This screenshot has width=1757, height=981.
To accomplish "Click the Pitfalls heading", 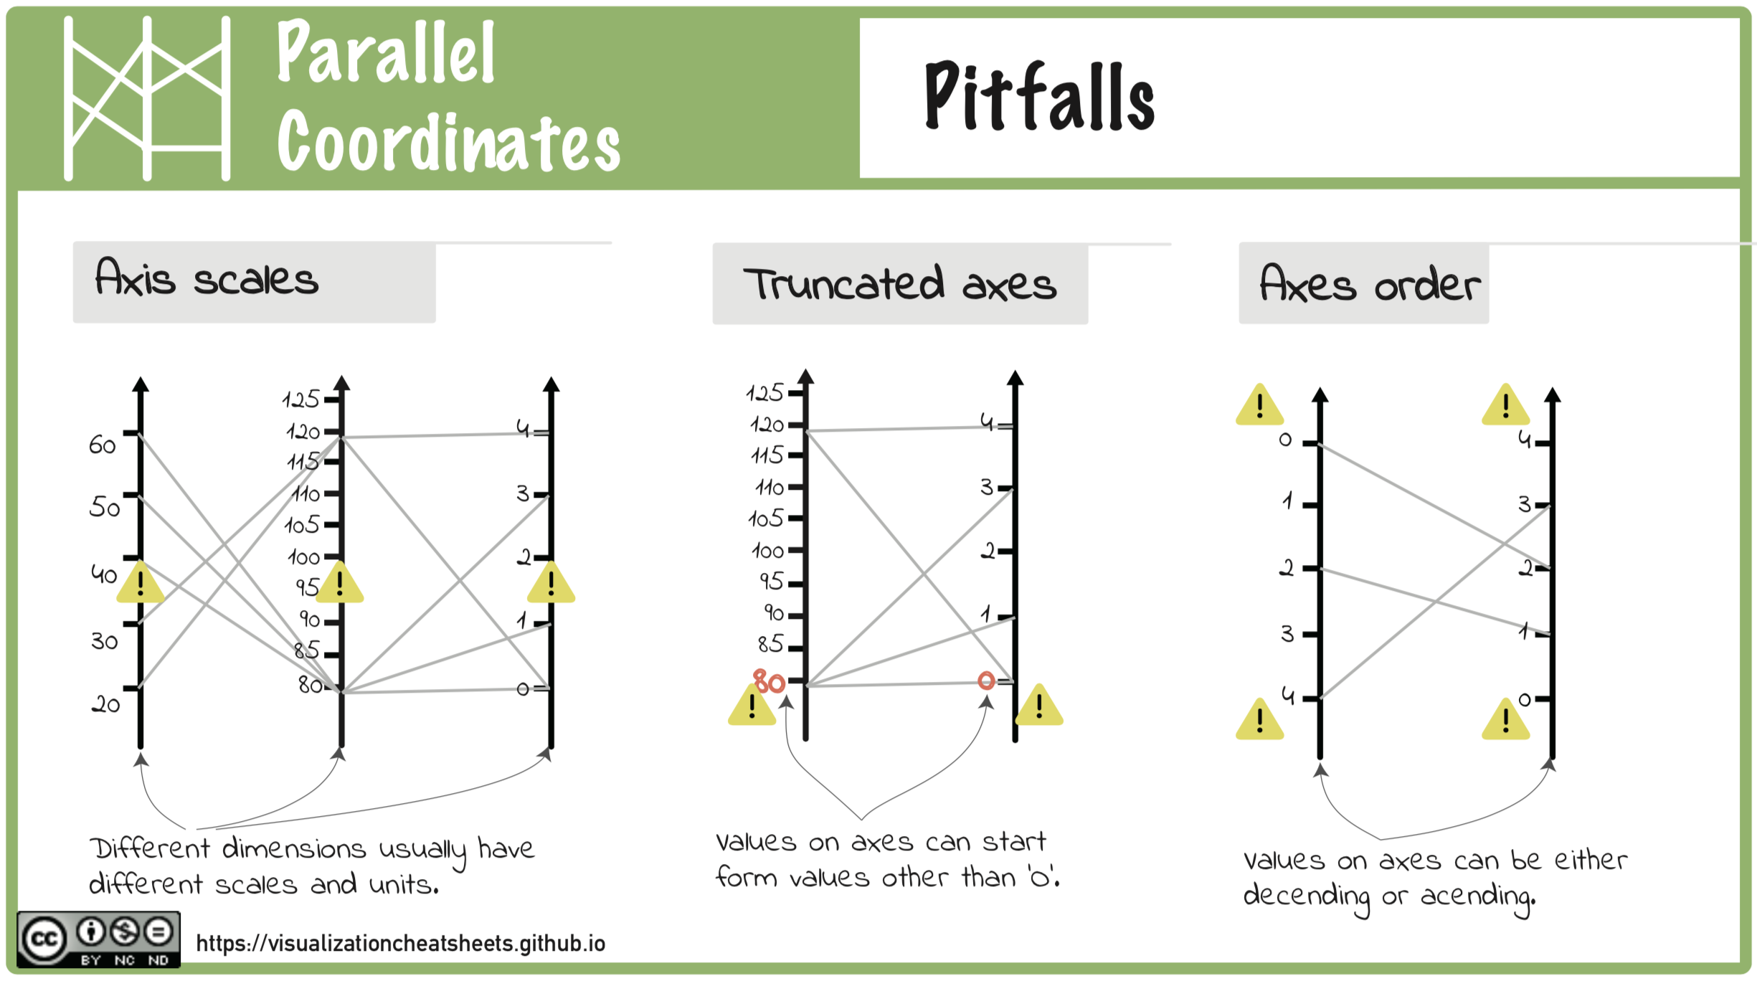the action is [x=1039, y=97].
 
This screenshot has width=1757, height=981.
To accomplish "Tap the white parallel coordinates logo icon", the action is [x=147, y=98].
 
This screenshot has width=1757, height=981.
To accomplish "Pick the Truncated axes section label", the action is [x=900, y=284].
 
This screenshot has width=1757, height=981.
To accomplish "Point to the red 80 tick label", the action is [x=769, y=681].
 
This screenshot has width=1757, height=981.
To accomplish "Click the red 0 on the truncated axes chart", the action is [x=986, y=681].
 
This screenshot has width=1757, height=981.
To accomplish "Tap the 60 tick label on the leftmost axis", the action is [x=102, y=445].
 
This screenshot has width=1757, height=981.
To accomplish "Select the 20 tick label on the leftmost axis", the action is [x=105, y=704].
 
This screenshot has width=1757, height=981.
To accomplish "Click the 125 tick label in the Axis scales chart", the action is [x=301, y=399].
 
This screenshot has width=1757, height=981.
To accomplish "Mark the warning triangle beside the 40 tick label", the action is [x=140, y=582].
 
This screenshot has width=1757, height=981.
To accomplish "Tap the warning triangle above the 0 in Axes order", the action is [x=1259, y=404].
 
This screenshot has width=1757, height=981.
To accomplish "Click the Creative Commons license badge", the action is [x=98, y=939].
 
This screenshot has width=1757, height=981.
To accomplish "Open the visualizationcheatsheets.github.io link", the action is [x=401, y=943].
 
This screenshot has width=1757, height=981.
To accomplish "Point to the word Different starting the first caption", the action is [x=150, y=848].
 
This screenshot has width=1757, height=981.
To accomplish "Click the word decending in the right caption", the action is [x=1307, y=896].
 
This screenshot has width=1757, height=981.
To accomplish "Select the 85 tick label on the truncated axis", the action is [x=771, y=644].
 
